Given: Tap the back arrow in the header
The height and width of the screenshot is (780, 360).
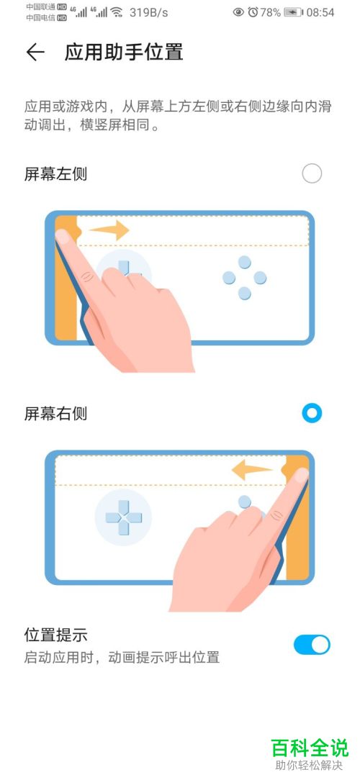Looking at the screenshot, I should pyautogui.click(x=35, y=52).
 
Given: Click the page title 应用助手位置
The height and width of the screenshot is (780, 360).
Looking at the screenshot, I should pyautogui.click(x=124, y=52).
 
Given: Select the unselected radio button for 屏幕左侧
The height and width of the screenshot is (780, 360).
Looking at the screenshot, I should pyautogui.click(x=312, y=173).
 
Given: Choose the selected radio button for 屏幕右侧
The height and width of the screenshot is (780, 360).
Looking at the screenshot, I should pyautogui.click(x=312, y=413).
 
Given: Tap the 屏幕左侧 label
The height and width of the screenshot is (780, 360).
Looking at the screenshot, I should pyautogui.click(x=55, y=173).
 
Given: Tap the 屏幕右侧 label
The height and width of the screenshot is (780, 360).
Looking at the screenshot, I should pyautogui.click(x=55, y=414).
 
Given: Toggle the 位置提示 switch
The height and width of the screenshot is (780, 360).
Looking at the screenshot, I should pyautogui.click(x=312, y=645).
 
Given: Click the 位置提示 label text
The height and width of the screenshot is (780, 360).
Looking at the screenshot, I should pyautogui.click(x=55, y=635).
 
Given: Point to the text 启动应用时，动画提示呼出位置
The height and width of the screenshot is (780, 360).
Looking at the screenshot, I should pyautogui.click(x=122, y=657).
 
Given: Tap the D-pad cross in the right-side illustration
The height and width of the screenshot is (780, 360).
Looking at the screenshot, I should pyautogui.click(x=123, y=517).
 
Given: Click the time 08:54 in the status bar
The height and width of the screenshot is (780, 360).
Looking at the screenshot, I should pyautogui.click(x=320, y=12).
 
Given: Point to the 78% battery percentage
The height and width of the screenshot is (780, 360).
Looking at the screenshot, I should pyautogui.click(x=270, y=12).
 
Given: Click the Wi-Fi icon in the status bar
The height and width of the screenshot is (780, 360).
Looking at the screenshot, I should pyautogui.click(x=117, y=12).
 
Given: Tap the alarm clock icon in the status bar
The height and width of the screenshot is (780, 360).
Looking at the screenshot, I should pyautogui.click(x=253, y=12).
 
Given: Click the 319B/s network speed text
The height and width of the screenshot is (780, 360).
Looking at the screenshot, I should pyautogui.click(x=149, y=12).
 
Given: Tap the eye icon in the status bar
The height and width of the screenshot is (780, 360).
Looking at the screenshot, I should pyautogui.click(x=238, y=12).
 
